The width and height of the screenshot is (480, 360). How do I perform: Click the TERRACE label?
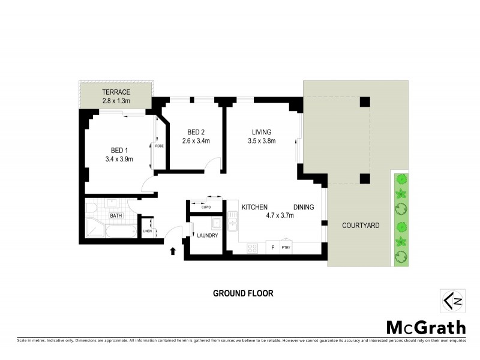click(x=116, y=92)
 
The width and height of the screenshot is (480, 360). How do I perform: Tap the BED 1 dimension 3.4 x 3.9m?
click(x=118, y=159)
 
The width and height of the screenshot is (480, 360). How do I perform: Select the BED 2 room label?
click(x=196, y=133)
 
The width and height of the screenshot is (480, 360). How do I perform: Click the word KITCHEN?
click(x=254, y=207)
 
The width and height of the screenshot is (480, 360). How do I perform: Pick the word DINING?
click(x=304, y=207)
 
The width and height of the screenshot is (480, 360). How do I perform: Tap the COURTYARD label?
click(x=360, y=226)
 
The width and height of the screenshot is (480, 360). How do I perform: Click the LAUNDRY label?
click(x=208, y=235)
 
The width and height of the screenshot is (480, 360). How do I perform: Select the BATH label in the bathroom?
click(x=115, y=215)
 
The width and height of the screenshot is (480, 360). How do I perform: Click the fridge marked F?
click(x=273, y=247)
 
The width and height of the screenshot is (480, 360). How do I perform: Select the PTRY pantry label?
click(x=286, y=247)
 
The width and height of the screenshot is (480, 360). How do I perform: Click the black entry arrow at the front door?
click(x=173, y=250)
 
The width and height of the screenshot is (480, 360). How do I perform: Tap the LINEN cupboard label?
click(x=146, y=231)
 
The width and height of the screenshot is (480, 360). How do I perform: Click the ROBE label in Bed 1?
click(x=159, y=145)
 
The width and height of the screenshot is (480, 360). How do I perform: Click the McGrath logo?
click(x=425, y=327)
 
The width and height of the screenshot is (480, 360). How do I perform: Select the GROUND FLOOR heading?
click(x=243, y=293)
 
